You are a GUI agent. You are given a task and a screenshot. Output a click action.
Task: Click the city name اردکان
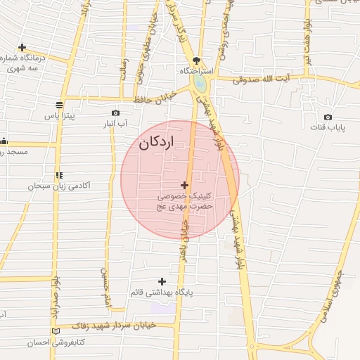pos(156,143)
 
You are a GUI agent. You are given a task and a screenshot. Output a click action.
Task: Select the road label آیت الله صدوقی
pos(262,80)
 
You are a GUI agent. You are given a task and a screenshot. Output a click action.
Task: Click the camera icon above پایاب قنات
pos(327,117)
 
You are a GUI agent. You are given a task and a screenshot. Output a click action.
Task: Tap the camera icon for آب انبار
pos(115,113)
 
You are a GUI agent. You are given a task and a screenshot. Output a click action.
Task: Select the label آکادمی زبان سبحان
pos(59,186)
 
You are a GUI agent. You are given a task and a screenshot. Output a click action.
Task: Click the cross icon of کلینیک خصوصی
pos(185,185)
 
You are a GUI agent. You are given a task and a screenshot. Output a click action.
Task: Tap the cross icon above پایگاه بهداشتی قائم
pos(162,281)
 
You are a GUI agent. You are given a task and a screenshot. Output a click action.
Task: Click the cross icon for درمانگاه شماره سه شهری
pos(22,47)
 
